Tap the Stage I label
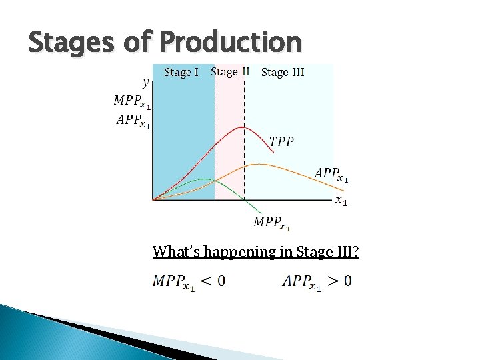(x=181, y=73)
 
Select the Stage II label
(x=230, y=72)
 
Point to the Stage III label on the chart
(x=283, y=73)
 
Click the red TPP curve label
(x=281, y=141)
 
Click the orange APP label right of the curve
(x=331, y=175)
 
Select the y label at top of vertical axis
(x=146, y=83)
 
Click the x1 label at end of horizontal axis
(x=340, y=200)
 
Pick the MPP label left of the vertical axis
(x=132, y=101)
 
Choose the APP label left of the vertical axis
(x=133, y=121)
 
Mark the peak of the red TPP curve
(x=244, y=127)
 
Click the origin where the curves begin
(x=153, y=199)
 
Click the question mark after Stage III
(x=355, y=252)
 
